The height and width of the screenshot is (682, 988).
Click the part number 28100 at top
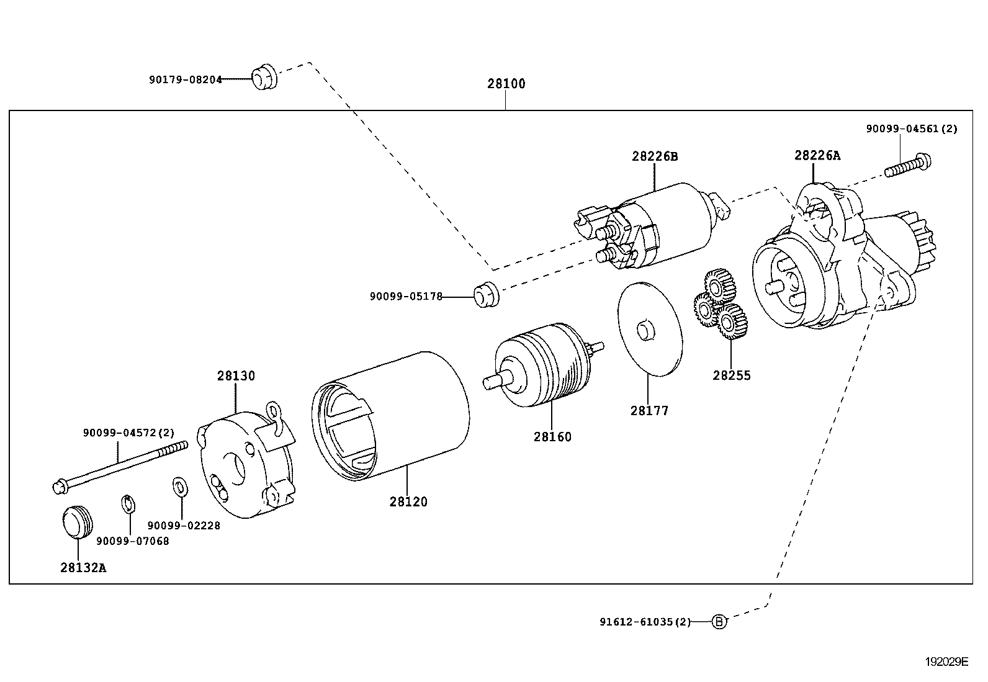(x=506, y=84)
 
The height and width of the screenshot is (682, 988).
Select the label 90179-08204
(x=185, y=79)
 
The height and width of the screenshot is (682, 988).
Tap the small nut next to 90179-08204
(x=264, y=77)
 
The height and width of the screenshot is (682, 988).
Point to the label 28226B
(x=655, y=156)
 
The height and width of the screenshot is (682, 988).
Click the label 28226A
(x=817, y=155)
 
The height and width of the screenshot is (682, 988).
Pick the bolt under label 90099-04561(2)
(x=909, y=166)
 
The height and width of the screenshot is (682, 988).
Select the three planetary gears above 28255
(x=720, y=305)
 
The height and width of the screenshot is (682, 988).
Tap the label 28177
(x=649, y=410)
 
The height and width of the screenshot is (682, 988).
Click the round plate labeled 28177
(x=649, y=329)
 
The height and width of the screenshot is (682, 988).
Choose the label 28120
(x=408, y=501)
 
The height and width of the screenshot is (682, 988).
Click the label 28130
(x=236, y=375)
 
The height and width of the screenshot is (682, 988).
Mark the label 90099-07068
(x=132, y=541)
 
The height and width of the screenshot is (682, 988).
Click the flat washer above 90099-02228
(x=179, y=487)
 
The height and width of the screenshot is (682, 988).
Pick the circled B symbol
(x=718, y=621)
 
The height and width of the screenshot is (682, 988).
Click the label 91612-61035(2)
(x=645, y=621)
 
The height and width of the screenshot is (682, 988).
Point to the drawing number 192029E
(x=946, y=662)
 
